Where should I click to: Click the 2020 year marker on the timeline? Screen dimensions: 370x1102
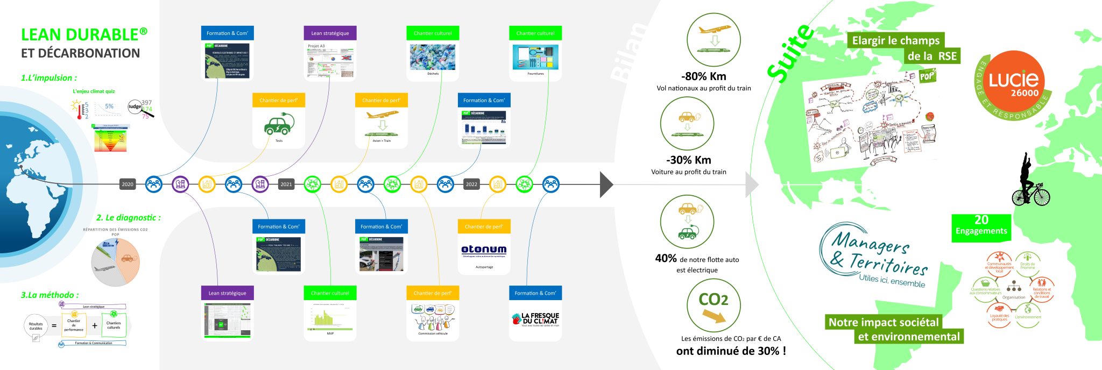pos(128,184)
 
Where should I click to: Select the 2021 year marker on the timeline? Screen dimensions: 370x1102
pos(286,184)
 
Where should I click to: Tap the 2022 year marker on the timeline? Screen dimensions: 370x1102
pos(471,184)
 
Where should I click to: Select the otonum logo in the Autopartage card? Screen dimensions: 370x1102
pos(484,250)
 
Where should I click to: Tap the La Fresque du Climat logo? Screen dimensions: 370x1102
pos(535,319)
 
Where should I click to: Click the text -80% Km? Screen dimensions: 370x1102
pos(703,76)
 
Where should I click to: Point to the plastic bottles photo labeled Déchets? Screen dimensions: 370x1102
pos(433,57)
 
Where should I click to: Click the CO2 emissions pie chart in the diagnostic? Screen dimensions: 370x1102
pos(116,262)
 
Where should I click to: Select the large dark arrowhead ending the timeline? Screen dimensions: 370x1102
pos(606,184)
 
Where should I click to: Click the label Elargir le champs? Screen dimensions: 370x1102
pos(895,41)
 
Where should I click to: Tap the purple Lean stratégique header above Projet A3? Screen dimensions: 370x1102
pos(330,33)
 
